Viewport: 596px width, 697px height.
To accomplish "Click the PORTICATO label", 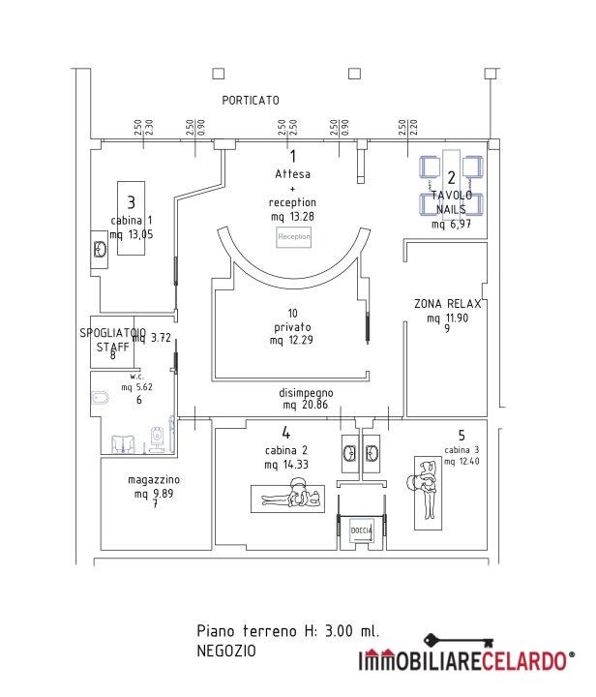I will point(251,100).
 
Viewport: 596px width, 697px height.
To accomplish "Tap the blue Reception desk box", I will point(294,236).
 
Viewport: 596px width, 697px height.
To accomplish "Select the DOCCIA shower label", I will point(360,530).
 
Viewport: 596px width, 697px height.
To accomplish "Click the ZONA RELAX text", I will point(447,303).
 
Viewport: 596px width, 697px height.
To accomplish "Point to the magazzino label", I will point(154,480).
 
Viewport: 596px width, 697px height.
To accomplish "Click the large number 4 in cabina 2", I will point(286,433).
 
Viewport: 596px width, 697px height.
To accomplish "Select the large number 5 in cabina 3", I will point(462,435).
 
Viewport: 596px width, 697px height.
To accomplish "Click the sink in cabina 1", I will point(100,249).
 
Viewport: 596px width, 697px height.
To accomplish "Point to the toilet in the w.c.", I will point(100,398).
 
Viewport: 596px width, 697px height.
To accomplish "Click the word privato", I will point(292,326).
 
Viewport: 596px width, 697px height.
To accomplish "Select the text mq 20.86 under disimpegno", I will point(307,404).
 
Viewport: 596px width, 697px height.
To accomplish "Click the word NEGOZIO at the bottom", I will point(225,651).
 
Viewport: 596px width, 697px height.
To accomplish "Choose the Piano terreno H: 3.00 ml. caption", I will point(287,630).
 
